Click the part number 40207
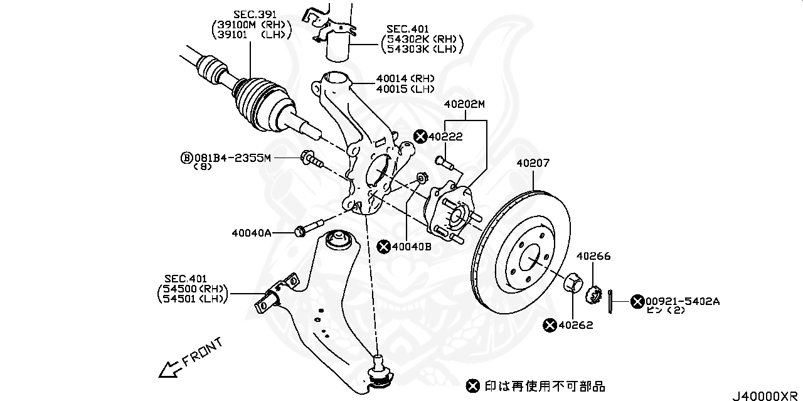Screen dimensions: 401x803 (533, 163)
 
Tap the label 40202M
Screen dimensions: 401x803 (464, 104)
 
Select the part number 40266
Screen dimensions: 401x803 (593, 256)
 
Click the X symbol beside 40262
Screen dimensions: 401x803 (550, 325)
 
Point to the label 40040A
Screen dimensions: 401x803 (251, 233)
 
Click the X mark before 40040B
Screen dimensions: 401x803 (384, 247)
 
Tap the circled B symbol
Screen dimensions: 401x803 (185, 158)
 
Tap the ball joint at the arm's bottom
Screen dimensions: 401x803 (380, 370)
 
